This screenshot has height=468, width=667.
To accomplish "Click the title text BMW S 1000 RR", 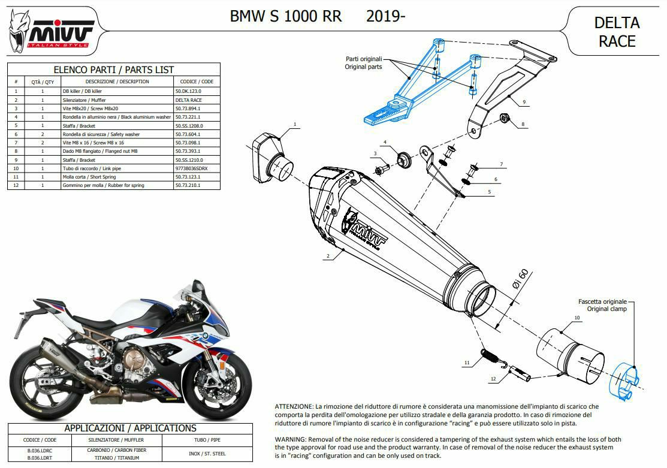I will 286,16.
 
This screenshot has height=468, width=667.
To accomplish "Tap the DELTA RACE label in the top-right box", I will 617,32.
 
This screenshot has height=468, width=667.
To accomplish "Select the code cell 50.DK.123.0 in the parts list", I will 192,90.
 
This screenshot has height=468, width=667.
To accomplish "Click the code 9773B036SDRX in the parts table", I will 191,169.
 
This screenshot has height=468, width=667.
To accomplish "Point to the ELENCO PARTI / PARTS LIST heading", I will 114,70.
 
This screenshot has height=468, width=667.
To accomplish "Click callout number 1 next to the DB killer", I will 295,124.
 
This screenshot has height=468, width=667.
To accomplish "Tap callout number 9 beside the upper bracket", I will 523,102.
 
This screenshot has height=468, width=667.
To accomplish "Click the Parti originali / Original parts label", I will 363,63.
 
